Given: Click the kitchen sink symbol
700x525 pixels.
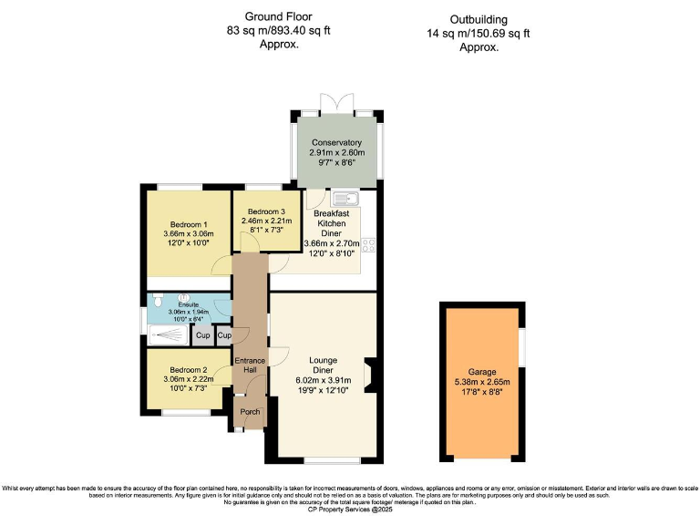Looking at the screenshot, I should (x=346, y=198).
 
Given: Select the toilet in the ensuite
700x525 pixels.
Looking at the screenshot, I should (x=159, y=300).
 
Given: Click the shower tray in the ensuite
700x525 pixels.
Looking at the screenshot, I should (x=168, y=336).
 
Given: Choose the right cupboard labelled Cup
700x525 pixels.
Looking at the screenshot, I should (x=224, y=335).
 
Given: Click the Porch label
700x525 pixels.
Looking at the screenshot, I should (x=250, y=412).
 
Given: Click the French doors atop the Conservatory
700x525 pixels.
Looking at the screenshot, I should (x=335, y=103).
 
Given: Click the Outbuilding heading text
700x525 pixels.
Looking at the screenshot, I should (x=479, y=20).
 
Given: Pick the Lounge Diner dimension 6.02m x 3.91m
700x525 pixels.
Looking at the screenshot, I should (x=322, y=379).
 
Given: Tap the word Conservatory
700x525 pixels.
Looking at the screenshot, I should (x=336, y=143).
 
